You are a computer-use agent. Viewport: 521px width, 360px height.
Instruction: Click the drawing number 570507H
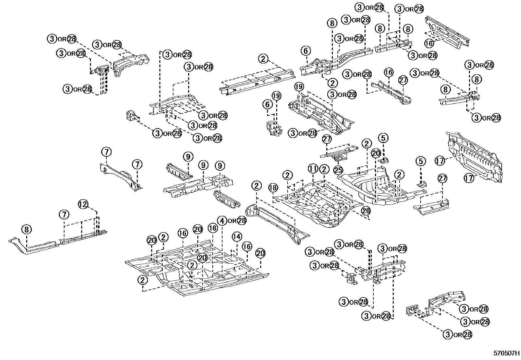tap(506, 353)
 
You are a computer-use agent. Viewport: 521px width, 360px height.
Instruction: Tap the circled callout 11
tap(313, 169)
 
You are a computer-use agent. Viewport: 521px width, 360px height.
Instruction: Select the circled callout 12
tap(83, 204)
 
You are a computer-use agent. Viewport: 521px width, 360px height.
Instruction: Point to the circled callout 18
tap(273, 188)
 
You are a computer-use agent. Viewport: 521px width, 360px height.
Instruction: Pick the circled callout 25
tap(338, 170)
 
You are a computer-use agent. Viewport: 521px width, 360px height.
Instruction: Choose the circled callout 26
tap(366, 211)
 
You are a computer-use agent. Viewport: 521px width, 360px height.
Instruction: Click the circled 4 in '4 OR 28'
tap(222, 221)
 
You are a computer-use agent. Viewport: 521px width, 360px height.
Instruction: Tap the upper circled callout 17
tap(440, 161)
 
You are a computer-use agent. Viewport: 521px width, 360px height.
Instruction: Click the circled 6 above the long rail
tap(305, 51)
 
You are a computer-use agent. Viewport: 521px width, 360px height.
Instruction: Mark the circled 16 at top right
tap(430, 43)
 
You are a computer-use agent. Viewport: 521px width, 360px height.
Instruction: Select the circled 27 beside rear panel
tap(442, 179)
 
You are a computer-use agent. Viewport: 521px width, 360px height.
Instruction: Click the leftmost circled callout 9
tap(188, 157)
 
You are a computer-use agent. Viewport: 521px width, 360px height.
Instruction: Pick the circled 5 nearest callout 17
tap(421, 161)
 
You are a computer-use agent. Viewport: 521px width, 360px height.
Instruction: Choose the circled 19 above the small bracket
tap(277, 96)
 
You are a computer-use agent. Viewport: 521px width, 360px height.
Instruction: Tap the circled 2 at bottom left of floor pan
tap(143, 280)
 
